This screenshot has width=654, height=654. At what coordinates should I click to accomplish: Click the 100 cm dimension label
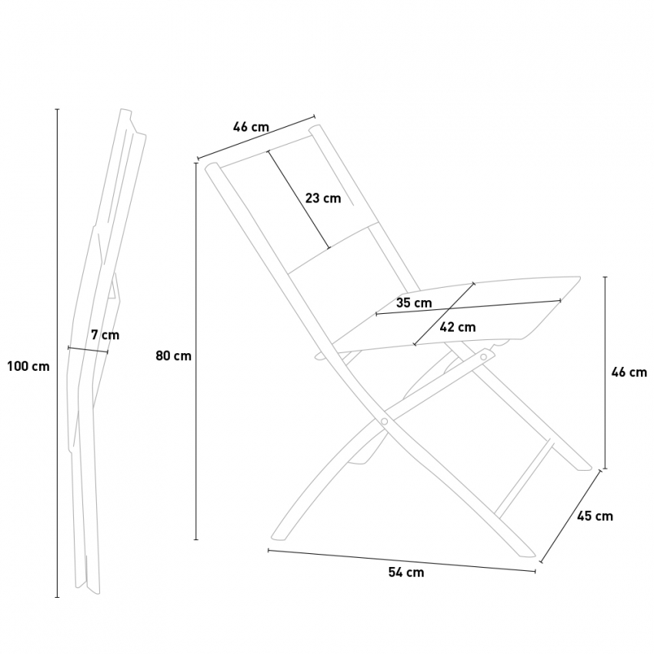tap(28, 366)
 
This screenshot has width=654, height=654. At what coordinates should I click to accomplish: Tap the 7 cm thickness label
tap(105, 335)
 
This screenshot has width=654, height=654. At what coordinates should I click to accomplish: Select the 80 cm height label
tap(174, 355)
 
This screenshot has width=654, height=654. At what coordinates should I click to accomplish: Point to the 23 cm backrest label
tap(323, 198)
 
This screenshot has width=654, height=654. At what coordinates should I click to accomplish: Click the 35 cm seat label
tap(414, 302)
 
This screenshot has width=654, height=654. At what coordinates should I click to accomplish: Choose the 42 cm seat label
tap(458, 327)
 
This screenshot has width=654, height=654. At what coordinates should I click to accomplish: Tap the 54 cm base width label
tap(406, 572)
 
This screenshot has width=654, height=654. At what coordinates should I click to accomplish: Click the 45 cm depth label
tap(596, 516)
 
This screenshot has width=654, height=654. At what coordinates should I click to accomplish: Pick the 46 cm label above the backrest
tap(251, 127)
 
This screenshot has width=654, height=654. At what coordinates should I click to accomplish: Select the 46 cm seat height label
tap(629, 372)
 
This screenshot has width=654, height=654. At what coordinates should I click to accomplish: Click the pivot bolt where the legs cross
tap(384, 422)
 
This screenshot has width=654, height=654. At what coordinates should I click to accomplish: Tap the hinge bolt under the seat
tap(484, 356)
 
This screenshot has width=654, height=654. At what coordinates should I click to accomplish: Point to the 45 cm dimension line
tap(571, 516)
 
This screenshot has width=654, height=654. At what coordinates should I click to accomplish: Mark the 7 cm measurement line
tap(88, 350)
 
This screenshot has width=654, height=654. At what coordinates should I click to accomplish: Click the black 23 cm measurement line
tap(299, 199)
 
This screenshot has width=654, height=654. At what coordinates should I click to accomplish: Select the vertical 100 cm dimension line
tap(58, 353)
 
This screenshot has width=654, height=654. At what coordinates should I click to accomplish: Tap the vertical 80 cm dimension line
tap(196, 351)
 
